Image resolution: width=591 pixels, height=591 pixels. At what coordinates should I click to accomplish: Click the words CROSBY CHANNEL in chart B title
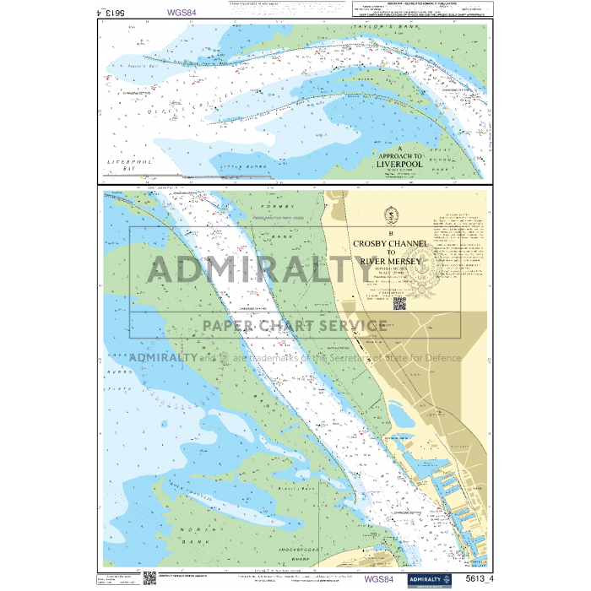pos(390,243)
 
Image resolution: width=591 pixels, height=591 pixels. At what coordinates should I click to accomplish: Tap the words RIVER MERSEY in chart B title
pos(390,261)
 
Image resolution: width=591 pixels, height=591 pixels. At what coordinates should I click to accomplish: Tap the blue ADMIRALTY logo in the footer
pos(431,579)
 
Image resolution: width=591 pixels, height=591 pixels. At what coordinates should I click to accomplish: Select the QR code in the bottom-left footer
pos(149,578)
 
